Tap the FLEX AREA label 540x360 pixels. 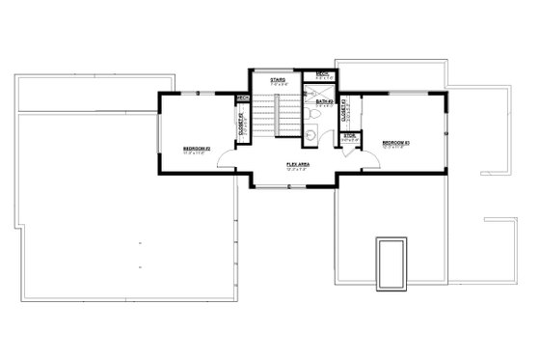[297, 164]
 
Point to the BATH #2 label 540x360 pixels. [325, 101]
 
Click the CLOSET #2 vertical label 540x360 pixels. [243, 123]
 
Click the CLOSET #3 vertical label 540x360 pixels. [344, 115]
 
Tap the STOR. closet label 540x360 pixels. [349, 136]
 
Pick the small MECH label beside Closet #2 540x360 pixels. [243, 97]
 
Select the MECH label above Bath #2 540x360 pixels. [324, 73]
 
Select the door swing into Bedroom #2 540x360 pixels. [225, 162]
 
